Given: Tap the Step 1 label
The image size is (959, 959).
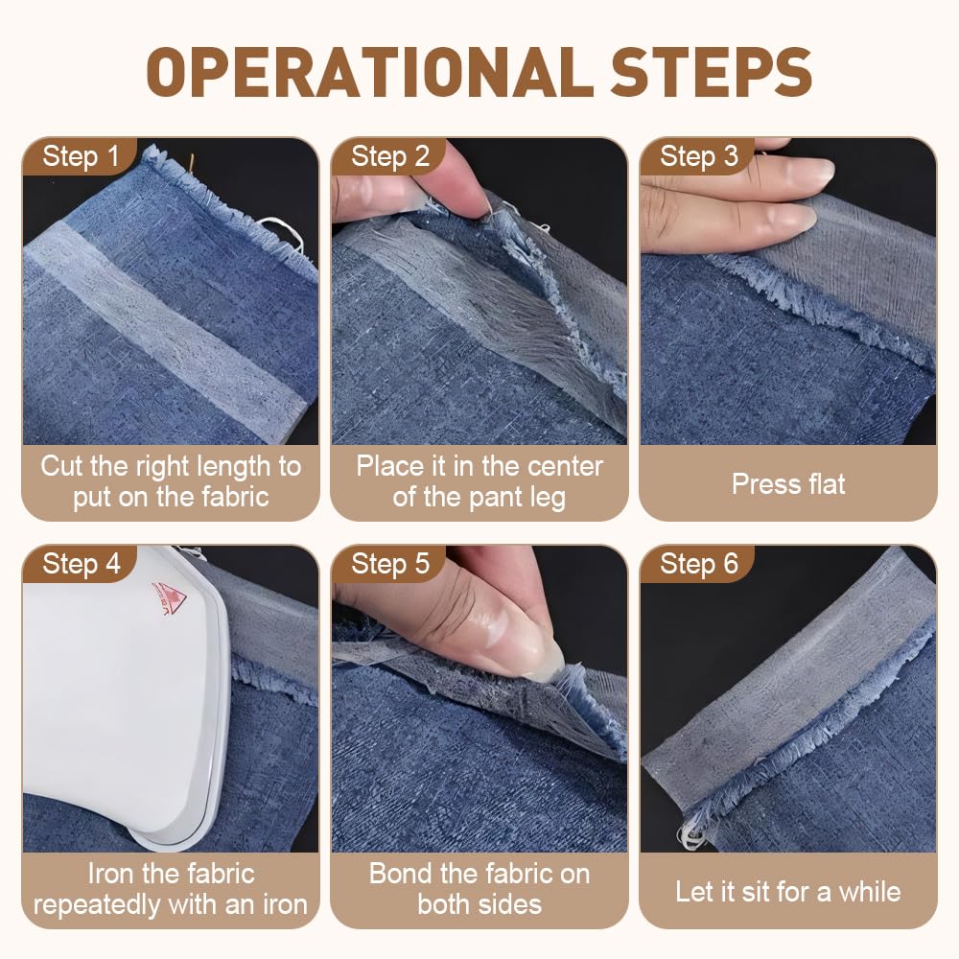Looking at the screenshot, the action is point(81,156).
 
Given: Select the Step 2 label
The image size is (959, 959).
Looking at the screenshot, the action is point(390,156).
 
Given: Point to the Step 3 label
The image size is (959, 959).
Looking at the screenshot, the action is point(699,156).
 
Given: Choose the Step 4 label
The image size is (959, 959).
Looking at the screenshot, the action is point(82,564).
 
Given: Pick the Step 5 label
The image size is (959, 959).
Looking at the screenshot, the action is point(390,564).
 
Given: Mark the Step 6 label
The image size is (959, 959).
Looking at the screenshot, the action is point(699,564).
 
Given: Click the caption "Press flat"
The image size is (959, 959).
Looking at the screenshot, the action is point(788,484).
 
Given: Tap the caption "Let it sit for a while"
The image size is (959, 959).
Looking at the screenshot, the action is point(788,892).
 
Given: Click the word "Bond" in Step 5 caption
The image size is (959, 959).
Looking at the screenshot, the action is point(400,874).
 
